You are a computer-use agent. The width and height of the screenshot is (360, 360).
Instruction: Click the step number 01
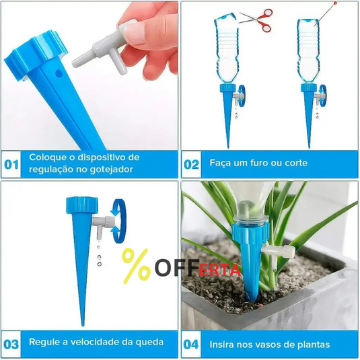12,165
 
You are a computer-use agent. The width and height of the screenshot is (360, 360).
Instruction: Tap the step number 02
192,164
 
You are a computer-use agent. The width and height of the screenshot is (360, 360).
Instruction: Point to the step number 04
192,344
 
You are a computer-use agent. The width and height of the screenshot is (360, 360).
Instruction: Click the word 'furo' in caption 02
252,164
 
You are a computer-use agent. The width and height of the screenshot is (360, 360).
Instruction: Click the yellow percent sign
137,265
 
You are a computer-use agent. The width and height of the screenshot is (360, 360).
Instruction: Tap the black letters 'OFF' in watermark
170,267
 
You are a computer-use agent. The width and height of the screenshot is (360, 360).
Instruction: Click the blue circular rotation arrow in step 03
118,220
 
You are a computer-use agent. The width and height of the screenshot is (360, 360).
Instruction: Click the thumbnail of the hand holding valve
90,74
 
